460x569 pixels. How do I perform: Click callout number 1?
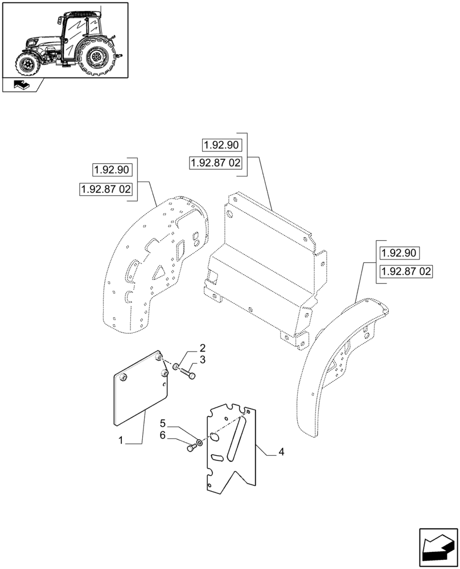(120, 441)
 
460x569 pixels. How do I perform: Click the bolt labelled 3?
(187, 374)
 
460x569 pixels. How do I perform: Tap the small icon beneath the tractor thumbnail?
(21, 86)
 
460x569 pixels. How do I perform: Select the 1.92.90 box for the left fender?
(112, 170)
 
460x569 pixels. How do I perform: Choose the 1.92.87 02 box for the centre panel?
(216, 163)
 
